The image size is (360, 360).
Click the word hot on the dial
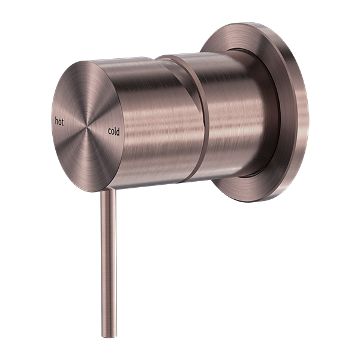click(x=59, y=120)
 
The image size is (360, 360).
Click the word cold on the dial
click(x=114, y=130)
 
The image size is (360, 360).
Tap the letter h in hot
click(x=56, y=120)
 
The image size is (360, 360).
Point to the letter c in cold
click(x=110, y=130)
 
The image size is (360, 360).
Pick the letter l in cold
click(x=116, y=130)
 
